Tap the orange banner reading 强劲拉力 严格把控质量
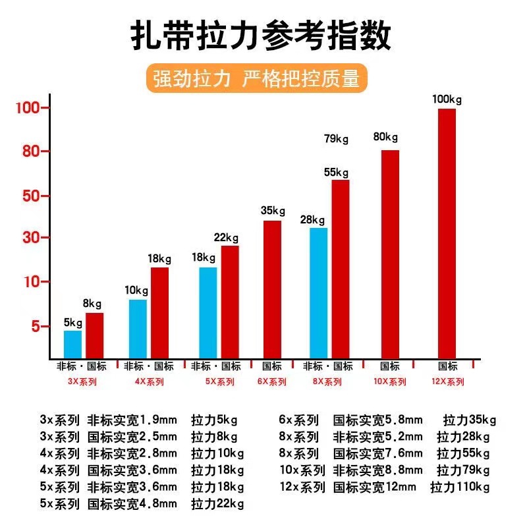click(x=256, y=78)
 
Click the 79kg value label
click(x=336, y=139)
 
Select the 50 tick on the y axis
click(x=32, y=196)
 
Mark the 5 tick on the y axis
click(x=37, y=326)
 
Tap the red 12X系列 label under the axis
click(x=448, y=381)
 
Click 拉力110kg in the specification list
click(x=460, y=487)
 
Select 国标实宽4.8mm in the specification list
click(x=132, y=504)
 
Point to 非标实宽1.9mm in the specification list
click(x=132, y=420)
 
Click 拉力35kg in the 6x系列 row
click(x=470, y=420)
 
